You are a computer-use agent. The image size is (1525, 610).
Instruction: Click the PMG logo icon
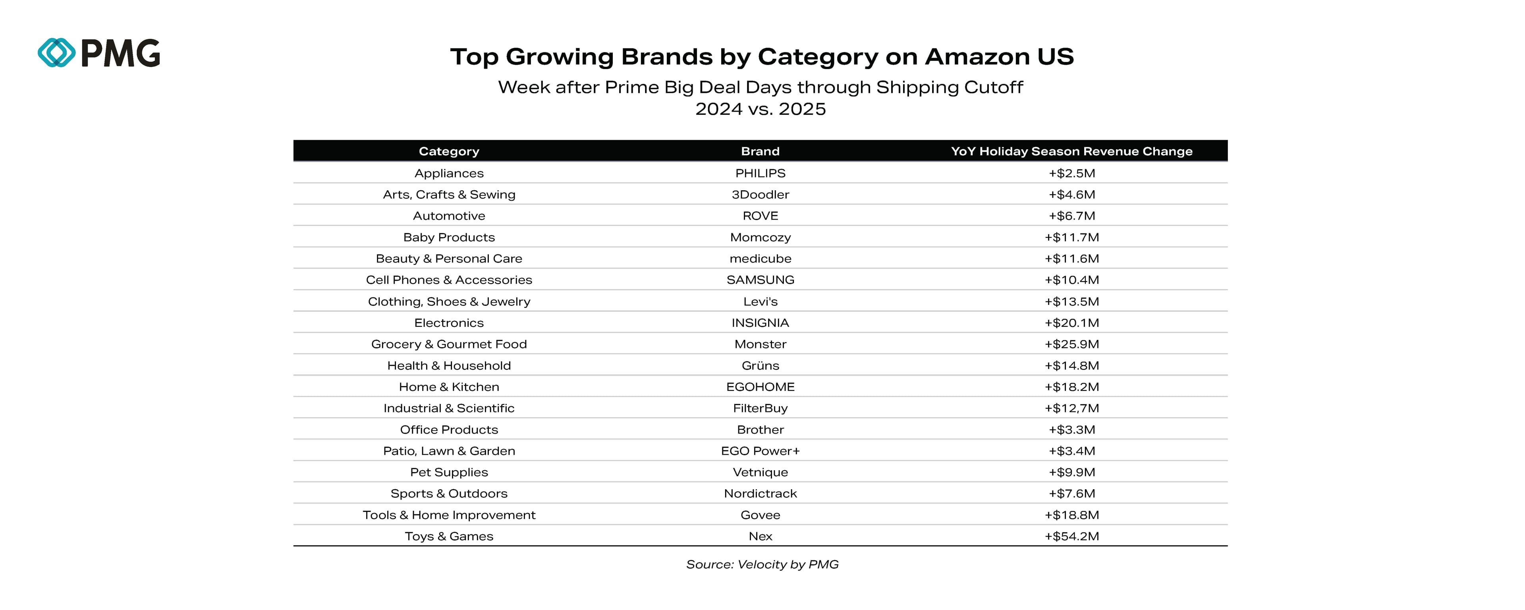[57, 53]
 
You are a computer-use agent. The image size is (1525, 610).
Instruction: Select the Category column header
[449, 151]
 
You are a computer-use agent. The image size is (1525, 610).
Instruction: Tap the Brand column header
[760, 151]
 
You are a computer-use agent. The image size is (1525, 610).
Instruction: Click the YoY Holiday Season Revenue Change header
[1071, 151]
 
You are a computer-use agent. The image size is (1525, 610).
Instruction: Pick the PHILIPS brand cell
[760, 173]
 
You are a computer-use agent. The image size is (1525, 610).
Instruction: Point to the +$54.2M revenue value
[1071, 536]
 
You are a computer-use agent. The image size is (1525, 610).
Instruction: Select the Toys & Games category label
[449, 536]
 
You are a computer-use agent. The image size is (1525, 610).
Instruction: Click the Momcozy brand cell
[760, 237]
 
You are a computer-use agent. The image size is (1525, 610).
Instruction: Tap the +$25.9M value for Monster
[1071, 344]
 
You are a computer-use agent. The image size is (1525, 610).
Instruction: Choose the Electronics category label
[449, 323]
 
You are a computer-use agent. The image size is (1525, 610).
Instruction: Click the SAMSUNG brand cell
[760, 280]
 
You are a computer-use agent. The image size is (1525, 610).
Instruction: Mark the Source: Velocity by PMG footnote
[762, 564]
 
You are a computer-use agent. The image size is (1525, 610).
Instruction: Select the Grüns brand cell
[760, 365]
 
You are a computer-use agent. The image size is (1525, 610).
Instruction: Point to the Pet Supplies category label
[449, 472]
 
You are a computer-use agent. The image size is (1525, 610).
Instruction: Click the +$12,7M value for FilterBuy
[1071, 408]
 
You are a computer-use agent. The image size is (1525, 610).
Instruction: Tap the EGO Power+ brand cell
[760, 451]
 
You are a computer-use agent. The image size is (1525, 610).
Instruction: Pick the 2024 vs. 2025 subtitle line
[760, 109]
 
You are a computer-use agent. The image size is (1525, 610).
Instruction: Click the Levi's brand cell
[760, 301]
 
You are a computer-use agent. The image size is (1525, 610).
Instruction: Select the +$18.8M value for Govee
[1071, 515]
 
